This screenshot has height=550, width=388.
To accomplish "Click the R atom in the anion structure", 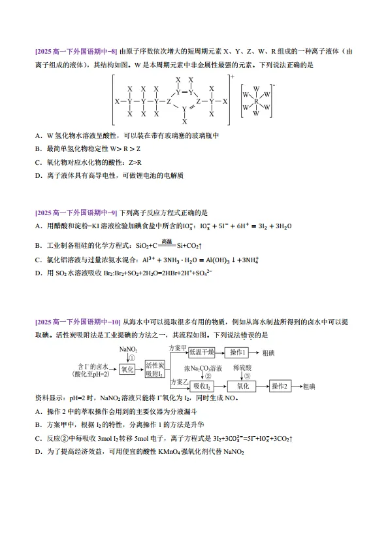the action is [257, 101].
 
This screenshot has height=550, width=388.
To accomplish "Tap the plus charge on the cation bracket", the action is [232, 77].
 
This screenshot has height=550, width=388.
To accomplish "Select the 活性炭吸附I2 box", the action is [156, 370].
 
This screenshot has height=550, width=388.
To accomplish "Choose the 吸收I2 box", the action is [199, 387].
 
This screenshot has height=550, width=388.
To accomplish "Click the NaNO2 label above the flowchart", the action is [128, 350].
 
